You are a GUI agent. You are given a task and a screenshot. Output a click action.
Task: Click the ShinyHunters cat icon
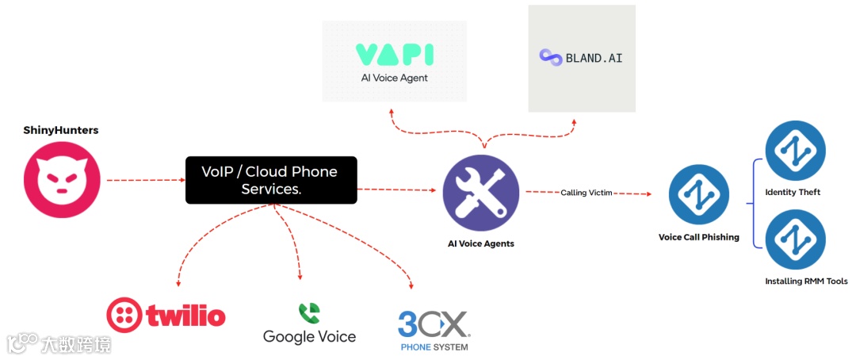coord(62,179)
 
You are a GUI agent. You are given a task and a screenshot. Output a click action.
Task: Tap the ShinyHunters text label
coord(61,130)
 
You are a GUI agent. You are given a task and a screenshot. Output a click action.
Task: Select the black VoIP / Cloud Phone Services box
coord(271,180)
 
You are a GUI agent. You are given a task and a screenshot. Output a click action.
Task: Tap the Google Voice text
coord(309,337)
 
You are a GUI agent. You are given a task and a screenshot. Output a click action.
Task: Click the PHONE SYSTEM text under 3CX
coord(434,347)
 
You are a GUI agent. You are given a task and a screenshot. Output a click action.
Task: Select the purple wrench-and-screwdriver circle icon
coord(480,193)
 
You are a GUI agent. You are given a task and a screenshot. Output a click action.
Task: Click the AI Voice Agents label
coord(480,243)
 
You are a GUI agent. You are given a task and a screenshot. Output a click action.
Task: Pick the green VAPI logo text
coord(394,55)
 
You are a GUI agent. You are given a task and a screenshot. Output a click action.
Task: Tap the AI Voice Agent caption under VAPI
coord(394,78)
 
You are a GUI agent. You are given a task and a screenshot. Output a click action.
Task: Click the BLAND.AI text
coord(594,58)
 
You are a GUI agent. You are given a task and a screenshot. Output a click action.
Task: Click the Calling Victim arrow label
coord(586,193)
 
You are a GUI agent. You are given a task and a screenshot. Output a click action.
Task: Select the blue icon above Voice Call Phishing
coord(698,195)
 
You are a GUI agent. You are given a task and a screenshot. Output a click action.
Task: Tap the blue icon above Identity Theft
coord(795,151)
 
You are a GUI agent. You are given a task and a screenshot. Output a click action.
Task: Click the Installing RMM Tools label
coord(806,281)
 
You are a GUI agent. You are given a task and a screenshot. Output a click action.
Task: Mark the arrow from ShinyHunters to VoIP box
coord(145,180)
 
